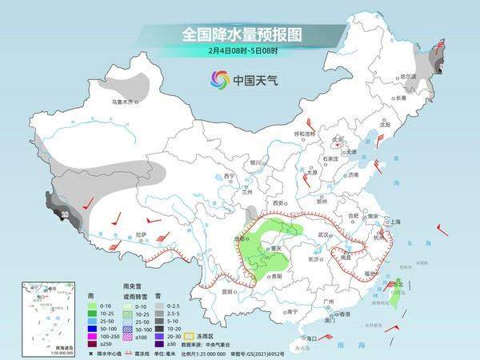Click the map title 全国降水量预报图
pyautogui.click(x=240, y=35)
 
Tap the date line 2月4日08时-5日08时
pyautogui.click(x=240, y=51)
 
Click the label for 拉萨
pyautogui.click(x=141, y=234)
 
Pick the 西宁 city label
pyautogui.click(x=230, y=176)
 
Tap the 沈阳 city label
pyautogui.click(x=385, y=125)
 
